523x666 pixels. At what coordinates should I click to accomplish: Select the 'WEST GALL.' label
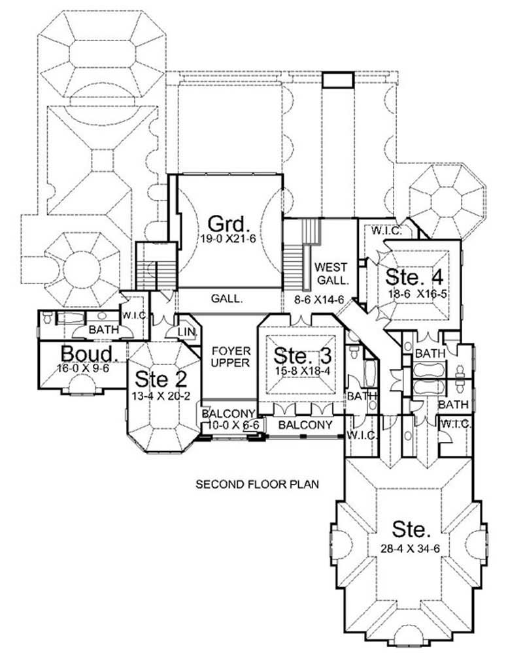tap(330, 273)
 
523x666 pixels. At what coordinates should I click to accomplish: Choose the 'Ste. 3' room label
tap(303, 357)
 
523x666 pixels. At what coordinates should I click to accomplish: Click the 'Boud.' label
tap(90, 354)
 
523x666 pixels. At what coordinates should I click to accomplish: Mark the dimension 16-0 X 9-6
tap(81, 368)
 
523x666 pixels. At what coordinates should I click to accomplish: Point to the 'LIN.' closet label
tap(185, 333)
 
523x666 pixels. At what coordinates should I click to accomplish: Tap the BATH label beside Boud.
tap(103, 330)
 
